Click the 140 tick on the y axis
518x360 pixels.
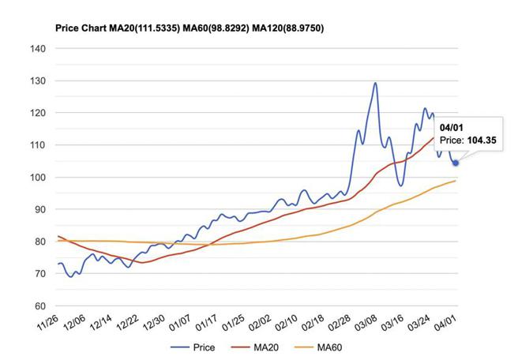[x=38, y=49]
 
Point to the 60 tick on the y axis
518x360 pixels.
[x=38, y=306]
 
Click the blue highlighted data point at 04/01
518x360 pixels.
[x=456, y=163]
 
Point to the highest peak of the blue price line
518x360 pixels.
[x=375, y=83]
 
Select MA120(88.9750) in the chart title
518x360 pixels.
[x=281, y=28]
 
